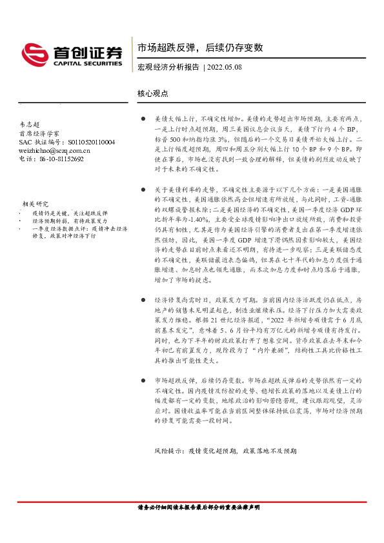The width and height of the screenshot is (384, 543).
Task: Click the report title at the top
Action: coord(200,48)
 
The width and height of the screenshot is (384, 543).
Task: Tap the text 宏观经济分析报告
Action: coord(168,67)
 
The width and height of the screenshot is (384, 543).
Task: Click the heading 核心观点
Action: coord(153,94)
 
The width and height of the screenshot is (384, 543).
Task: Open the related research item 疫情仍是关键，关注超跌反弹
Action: coord(70,213)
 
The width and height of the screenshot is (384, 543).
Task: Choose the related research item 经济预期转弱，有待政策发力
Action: coord(70,221)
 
